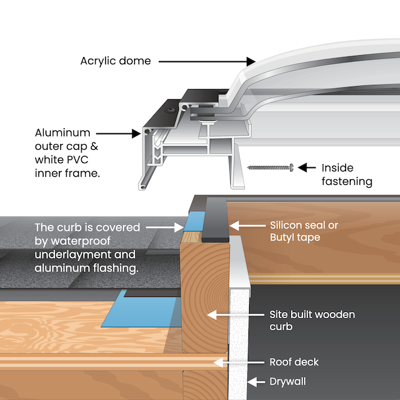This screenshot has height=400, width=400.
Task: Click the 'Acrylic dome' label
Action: pos(116,61)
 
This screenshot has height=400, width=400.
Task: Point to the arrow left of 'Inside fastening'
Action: pos(308,167)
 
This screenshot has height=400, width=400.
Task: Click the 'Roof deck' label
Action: pos(294,362)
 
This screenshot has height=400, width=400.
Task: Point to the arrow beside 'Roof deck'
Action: pos(237,362)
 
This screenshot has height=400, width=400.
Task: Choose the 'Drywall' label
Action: pos(288,382)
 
